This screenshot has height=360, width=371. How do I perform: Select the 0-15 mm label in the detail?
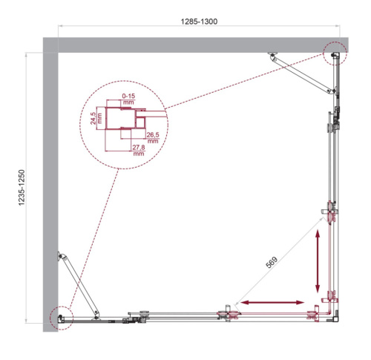[127, 99]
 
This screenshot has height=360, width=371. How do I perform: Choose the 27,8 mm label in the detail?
[137, 152]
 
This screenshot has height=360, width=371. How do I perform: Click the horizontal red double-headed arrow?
[271, 302]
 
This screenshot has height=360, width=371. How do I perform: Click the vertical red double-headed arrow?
[318, 261]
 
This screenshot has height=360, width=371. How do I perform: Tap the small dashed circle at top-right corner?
[335, 53]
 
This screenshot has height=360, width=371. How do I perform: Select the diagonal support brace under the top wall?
[301, 73]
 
